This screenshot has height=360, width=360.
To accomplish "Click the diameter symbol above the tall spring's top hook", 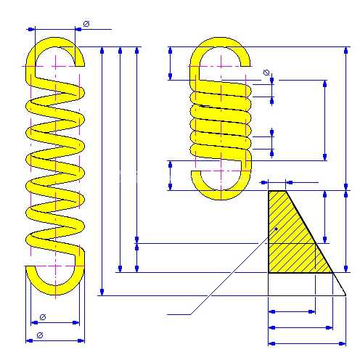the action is (x=86, y=24).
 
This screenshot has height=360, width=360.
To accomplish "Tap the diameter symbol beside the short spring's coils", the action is (x=266, y=73).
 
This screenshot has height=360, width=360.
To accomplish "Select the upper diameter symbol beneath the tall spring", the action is (x=43, y=317).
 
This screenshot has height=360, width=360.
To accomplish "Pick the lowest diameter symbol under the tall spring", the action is (x=40, y=335).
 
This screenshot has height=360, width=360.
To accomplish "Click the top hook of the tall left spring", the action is (x=56, y=41).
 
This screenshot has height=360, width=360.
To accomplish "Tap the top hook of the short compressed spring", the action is (x=220, y=41).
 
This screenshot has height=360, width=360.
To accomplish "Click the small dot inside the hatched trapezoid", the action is (x=277, y=229).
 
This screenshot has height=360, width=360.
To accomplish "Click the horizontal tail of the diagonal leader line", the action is (x=179, y=314).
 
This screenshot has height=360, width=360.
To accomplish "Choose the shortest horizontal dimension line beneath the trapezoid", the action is (x=292, y=311).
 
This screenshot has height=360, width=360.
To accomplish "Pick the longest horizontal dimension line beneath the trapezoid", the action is (x=307, y=343).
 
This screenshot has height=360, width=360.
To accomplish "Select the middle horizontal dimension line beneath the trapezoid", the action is (x=300, y=327).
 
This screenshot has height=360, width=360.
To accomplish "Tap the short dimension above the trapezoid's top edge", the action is (x=277, y=182).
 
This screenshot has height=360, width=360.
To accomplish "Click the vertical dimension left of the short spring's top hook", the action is (x=170, y=63).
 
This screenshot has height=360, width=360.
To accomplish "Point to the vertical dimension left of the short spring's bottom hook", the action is (x=170, y=176).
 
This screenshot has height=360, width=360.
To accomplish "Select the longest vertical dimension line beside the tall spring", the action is (x=102, y=171).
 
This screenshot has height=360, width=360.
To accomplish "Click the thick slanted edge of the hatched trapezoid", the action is (x=309, y=232).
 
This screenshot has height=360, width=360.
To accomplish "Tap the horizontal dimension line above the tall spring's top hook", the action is (x=69, y=29).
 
